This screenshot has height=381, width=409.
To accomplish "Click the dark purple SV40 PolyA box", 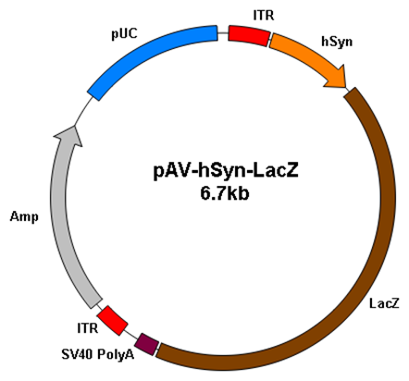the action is point(148,344).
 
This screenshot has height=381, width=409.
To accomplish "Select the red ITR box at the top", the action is point(249,36).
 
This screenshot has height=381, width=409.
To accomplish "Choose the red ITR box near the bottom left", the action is point(112,321).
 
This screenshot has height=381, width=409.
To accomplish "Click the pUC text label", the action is point(124,33).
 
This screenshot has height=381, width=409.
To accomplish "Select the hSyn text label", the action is point(337,42).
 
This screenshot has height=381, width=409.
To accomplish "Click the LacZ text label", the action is point(384,303).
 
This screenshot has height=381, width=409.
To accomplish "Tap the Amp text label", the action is point(24,217).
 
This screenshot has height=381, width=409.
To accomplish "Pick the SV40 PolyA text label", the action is point(98,354).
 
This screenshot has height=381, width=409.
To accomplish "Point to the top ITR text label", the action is point(264,15).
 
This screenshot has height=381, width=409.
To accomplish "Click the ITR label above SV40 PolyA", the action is point(88,328).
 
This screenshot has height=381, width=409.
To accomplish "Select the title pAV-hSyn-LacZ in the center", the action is point(226,171).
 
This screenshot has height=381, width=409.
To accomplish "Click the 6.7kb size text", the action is point(225,194).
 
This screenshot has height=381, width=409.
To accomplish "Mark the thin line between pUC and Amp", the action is point(83,112).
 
